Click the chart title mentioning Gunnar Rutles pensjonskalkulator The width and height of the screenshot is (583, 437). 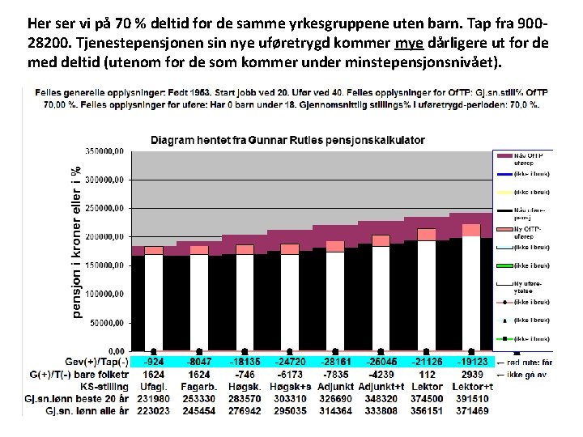[x=287, y=140]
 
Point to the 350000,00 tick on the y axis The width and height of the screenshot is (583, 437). [x=105, y=151]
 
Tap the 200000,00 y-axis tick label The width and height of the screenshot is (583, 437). [x=105, y=236]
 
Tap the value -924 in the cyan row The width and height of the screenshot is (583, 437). [x=154, y=361]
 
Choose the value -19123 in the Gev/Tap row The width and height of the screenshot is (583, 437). [x=472, y=361]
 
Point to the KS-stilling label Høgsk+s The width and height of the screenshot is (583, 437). [x=289, y=387]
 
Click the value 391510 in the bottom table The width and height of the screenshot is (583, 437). [x=472, y=399]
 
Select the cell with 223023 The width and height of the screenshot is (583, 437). [x=154, y=411]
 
